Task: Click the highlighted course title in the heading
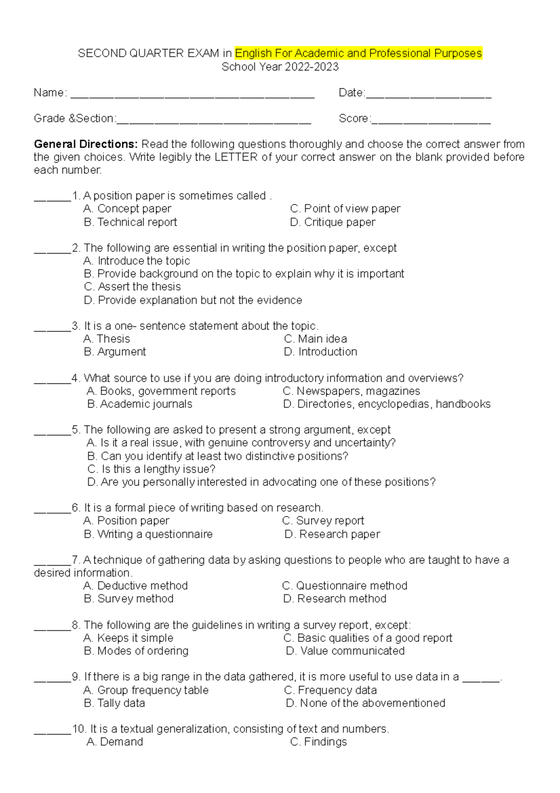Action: [358, 53]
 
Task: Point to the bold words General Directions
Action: [85, 144]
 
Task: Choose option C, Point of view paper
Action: [345, 209]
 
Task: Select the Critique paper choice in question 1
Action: [332, 222]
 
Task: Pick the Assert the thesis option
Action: [132, 287]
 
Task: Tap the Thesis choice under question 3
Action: [106, 339]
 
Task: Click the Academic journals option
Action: [140, 404]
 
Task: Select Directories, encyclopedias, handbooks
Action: [387, 404]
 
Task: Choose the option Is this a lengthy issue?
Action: [151, 469]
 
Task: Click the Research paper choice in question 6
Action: [332, 534]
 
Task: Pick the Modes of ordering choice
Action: [136, 651]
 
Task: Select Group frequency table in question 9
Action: [146, 690]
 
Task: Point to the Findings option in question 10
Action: [318, 742]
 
